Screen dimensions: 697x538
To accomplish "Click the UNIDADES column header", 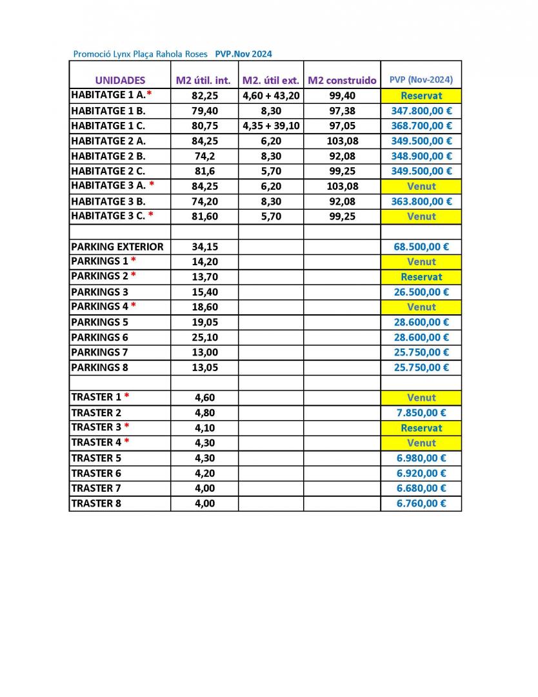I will (x=120, y=81).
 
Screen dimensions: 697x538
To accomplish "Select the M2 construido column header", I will (x=342, y=81).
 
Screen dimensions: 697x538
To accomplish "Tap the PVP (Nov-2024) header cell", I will (x=421, y=80).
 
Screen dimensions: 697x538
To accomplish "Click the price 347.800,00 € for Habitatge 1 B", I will (x=421, y=110).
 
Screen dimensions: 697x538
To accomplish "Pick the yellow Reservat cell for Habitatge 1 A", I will (x=421, y=96).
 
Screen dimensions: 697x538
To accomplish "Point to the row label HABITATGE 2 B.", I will (x=108, y=156).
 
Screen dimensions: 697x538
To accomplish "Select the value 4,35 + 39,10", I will (x=271, y=126).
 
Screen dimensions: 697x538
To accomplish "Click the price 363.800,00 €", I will (x=421, y=201).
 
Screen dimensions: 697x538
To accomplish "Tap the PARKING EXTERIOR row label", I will (x=117, y=247).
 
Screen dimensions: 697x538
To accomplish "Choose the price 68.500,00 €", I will (x=421, y=247).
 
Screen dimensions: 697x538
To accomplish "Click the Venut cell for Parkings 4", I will (x=421, y=307).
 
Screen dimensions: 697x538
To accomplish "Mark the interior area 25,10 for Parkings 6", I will (x=204, y=337).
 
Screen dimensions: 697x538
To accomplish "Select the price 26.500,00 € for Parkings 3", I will (x=421, y=292).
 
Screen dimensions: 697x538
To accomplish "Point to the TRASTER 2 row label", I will (x=96, y=412).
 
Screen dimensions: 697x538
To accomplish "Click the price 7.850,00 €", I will (x=421, y=412).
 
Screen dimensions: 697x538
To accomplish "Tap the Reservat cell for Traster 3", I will (x=421, y=428).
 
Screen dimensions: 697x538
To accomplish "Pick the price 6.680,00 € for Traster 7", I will (x=421, y=488).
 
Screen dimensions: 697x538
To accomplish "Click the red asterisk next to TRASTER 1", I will (x=127, y=396).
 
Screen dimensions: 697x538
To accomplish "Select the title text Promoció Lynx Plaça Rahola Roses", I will (x=141, y=54).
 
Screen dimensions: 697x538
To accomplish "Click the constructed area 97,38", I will (x=342, y=110).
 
